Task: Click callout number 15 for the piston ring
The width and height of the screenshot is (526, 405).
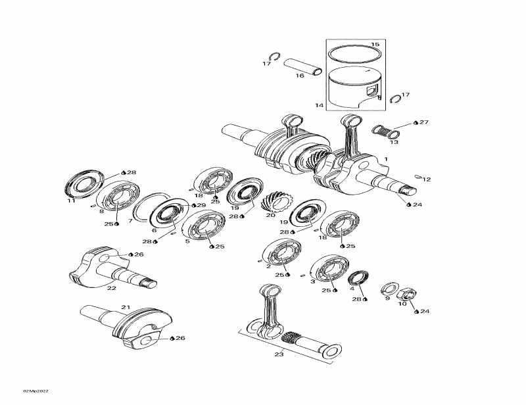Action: (375, 45)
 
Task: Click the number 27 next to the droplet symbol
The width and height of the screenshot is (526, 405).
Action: (424, 122)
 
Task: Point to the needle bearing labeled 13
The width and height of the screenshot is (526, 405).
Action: (385, 131)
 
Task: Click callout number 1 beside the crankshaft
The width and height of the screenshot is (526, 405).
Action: (386, 159)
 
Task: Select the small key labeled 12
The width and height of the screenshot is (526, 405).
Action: (419, 176)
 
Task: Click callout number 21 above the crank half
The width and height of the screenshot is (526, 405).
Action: (125, 308)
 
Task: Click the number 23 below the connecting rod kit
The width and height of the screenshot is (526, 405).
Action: (279, 354)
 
